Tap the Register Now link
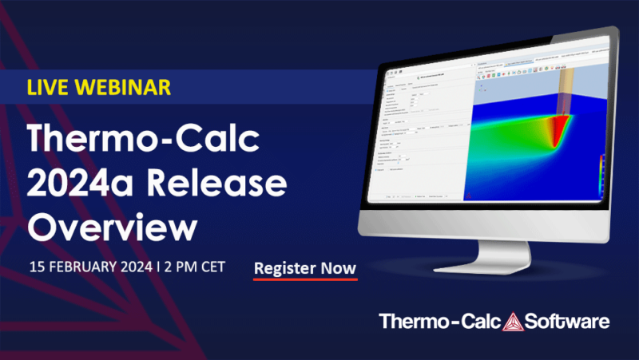pos(305,269)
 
